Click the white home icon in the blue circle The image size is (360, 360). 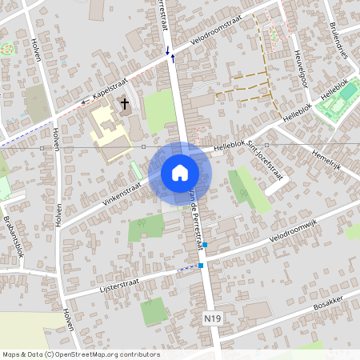tap(179, 172)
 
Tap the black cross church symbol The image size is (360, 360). tap(125, 103)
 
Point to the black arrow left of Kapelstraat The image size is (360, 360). tap(84, 102)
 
